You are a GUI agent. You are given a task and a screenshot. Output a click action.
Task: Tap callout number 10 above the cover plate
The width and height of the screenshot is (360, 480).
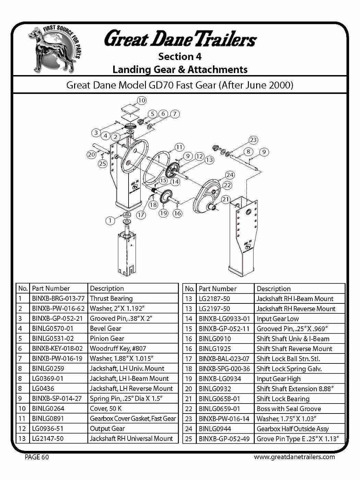tap(142, 100)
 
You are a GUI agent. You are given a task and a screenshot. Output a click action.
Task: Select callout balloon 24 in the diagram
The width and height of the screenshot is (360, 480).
tap(229, 175)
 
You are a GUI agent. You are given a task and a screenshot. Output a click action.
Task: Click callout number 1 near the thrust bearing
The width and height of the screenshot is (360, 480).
tap(110, 220)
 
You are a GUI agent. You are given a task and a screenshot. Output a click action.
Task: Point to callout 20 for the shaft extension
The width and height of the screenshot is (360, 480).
tap(92, 154)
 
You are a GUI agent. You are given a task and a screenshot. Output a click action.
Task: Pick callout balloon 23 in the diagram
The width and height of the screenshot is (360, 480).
tap(253, 140)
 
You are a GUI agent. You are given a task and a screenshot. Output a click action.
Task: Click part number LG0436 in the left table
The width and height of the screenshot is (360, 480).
tap(43, 388)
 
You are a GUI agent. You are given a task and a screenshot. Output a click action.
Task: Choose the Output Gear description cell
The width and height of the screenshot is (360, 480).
tap(107, 429)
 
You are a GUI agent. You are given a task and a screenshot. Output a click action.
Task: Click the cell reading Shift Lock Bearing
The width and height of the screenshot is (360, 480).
tap(283, 399)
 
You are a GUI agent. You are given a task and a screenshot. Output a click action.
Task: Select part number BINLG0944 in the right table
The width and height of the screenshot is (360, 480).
tap(215, 429)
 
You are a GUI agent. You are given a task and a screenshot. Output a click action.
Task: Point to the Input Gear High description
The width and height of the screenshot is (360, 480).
tap(278, 379)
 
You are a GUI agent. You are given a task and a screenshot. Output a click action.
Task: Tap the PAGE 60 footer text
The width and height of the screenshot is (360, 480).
tap(37, 457)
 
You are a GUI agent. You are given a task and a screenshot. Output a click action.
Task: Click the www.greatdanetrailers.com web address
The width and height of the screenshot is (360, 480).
tap(294, 457)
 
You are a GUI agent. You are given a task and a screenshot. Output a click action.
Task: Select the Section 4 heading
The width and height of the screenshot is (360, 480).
tap(180, 56)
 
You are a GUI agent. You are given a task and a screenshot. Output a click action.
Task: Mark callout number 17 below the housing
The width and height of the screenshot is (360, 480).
tap(141, 215)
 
